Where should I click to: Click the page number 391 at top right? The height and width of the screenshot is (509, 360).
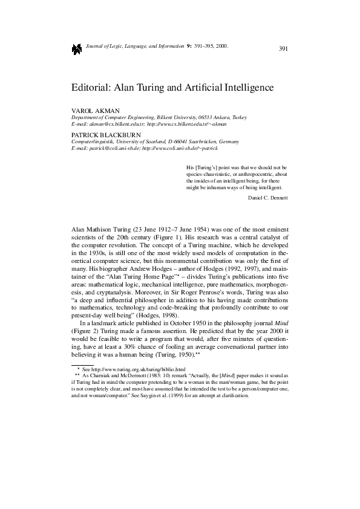point(283,48)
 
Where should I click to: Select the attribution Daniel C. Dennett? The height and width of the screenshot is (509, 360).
point(268,198)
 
